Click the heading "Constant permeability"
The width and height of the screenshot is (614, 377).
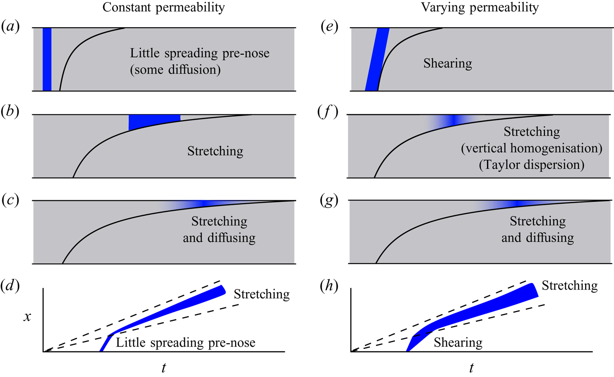[x=164, y=7]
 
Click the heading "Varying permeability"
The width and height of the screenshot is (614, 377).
[x=480, y=7]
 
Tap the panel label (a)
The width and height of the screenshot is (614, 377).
[x=10, y=27]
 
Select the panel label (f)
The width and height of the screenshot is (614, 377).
[x=328, y=112]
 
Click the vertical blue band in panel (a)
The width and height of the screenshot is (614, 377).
[x=47, y=59]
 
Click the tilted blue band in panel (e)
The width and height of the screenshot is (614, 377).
[x=377, y=59]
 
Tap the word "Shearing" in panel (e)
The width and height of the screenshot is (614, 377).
[x=447, y=64]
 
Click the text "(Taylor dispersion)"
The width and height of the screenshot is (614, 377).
[x=532, y=165]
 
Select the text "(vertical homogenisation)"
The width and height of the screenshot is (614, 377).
[x=532, y=148]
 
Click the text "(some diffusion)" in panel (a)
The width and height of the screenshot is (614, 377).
[x=175, y=70]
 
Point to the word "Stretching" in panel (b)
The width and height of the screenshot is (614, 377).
[x=215, y=151]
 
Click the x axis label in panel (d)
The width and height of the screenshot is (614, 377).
[x=27, y=317]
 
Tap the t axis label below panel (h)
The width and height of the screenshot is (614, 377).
[x=471, y=368]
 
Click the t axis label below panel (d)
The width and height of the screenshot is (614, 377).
[x=164, y=368]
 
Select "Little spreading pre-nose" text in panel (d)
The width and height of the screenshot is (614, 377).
[x=185, y=343]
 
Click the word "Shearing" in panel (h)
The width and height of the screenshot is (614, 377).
[x=458, y=343]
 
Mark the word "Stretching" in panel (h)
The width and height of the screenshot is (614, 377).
[x=569, y=286]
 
